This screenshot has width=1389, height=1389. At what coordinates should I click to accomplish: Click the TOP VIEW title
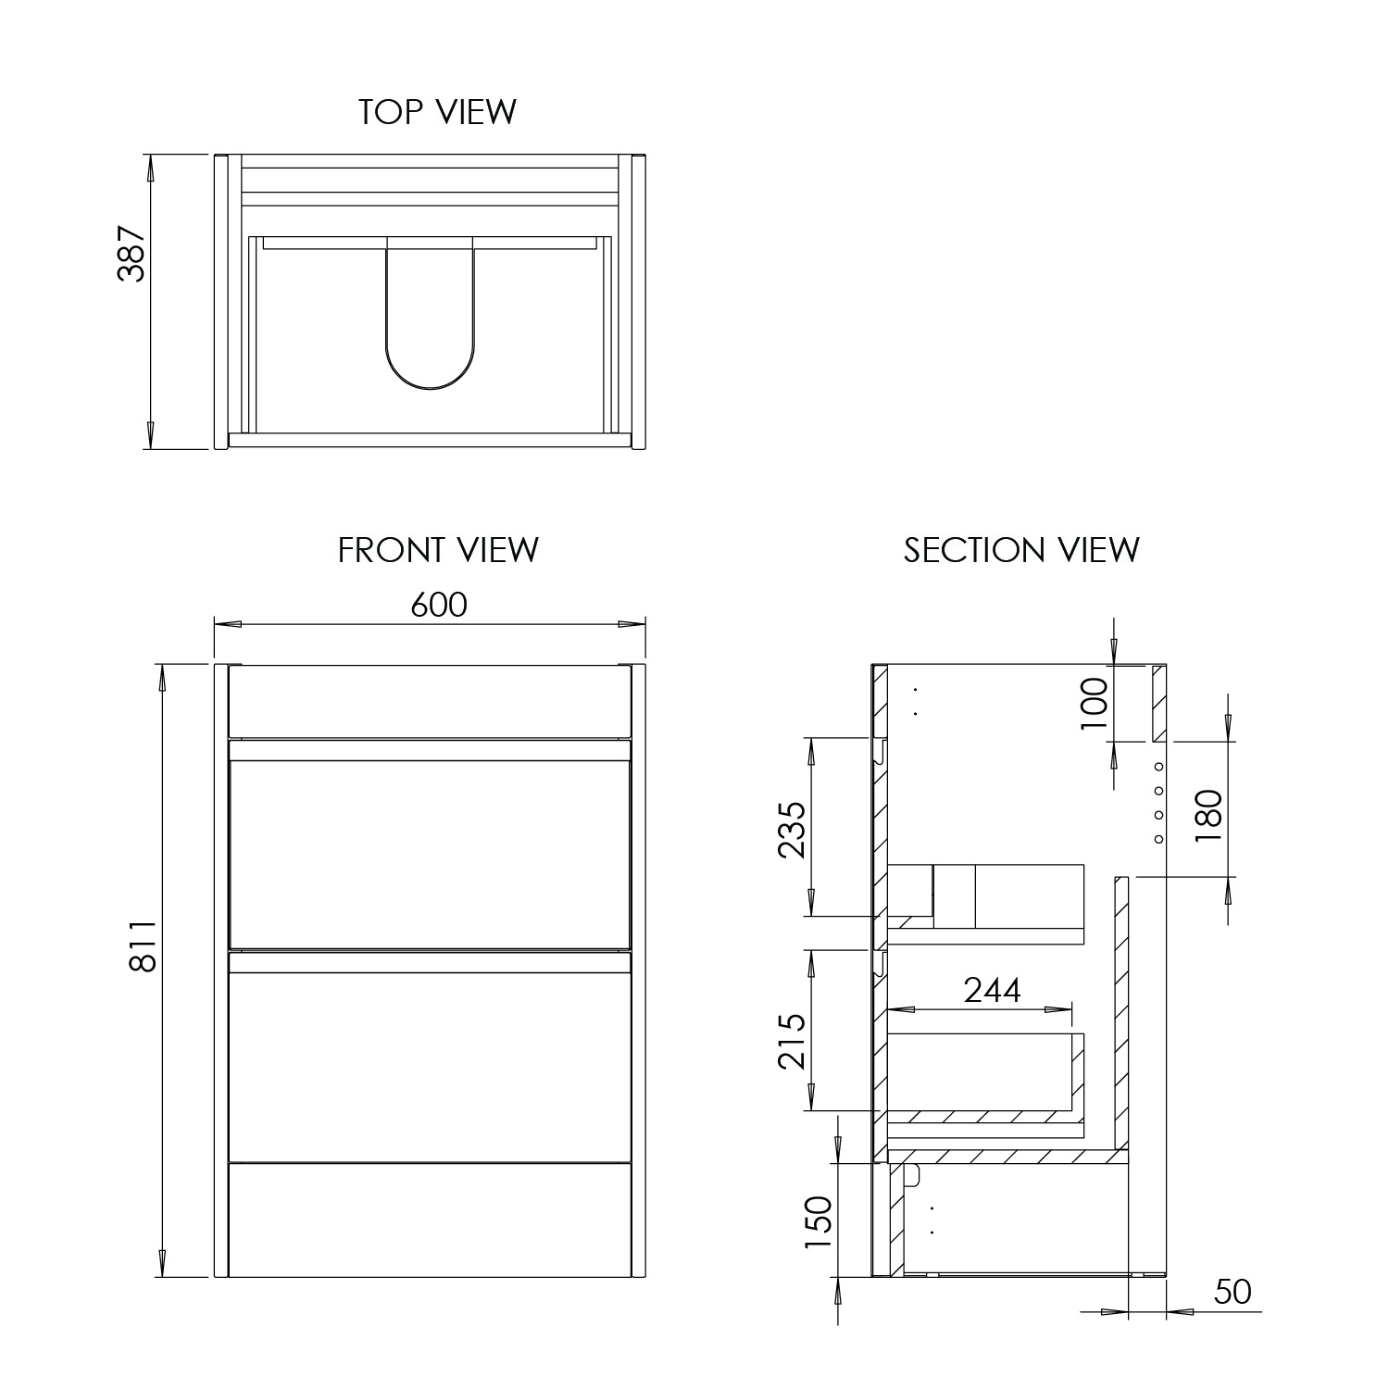437,112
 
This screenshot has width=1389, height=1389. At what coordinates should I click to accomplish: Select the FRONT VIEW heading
437,550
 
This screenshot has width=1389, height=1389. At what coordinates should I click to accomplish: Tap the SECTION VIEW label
1021,550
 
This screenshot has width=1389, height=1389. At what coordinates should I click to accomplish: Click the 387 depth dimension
131,253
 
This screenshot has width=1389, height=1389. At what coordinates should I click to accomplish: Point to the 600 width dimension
438,605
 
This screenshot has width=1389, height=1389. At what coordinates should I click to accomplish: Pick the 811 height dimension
142,947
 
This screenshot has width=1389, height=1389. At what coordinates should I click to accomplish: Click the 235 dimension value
792,829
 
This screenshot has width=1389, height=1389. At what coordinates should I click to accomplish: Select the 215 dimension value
792,1042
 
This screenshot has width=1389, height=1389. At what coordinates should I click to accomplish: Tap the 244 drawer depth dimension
992,990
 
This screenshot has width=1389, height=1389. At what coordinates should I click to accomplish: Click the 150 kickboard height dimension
819,1221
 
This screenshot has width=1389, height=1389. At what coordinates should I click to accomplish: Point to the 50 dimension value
1232,1292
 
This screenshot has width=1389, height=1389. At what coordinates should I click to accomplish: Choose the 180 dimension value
1208,815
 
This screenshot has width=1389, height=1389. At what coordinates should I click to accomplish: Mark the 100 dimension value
1095,704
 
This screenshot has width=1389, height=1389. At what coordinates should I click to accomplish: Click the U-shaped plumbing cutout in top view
430,324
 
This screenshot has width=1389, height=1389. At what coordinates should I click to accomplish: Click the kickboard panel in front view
430,1219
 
